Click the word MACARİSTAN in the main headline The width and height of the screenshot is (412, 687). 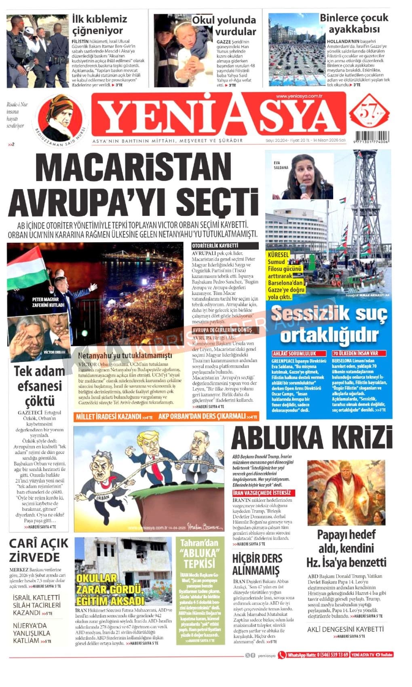click(x=133, y=169)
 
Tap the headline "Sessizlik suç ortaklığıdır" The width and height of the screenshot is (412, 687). click(x=329, y=324)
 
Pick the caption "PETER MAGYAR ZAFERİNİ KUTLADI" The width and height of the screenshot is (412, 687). click(x=48, y=302)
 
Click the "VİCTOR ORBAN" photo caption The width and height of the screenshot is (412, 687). click(x=54, y=352)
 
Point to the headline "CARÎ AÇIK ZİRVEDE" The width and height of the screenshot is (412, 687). click(x=39, y=550)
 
